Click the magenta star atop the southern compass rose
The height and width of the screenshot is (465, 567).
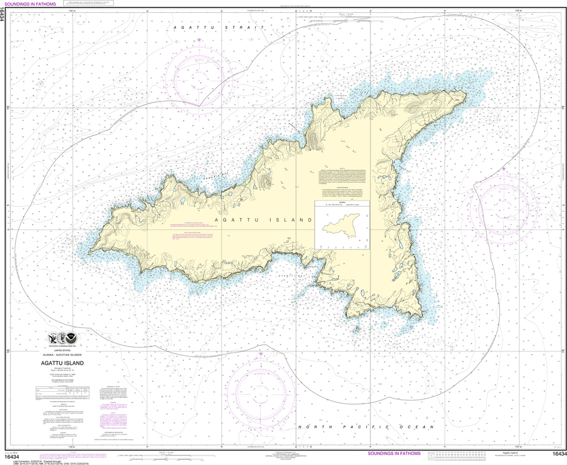click(x=261, y=353)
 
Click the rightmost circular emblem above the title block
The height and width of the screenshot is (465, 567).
click(x=74, y=338)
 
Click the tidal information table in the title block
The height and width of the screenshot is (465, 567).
click(x=62, y=391)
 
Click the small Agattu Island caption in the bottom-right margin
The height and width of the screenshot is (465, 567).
click(x=527, y=453)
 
